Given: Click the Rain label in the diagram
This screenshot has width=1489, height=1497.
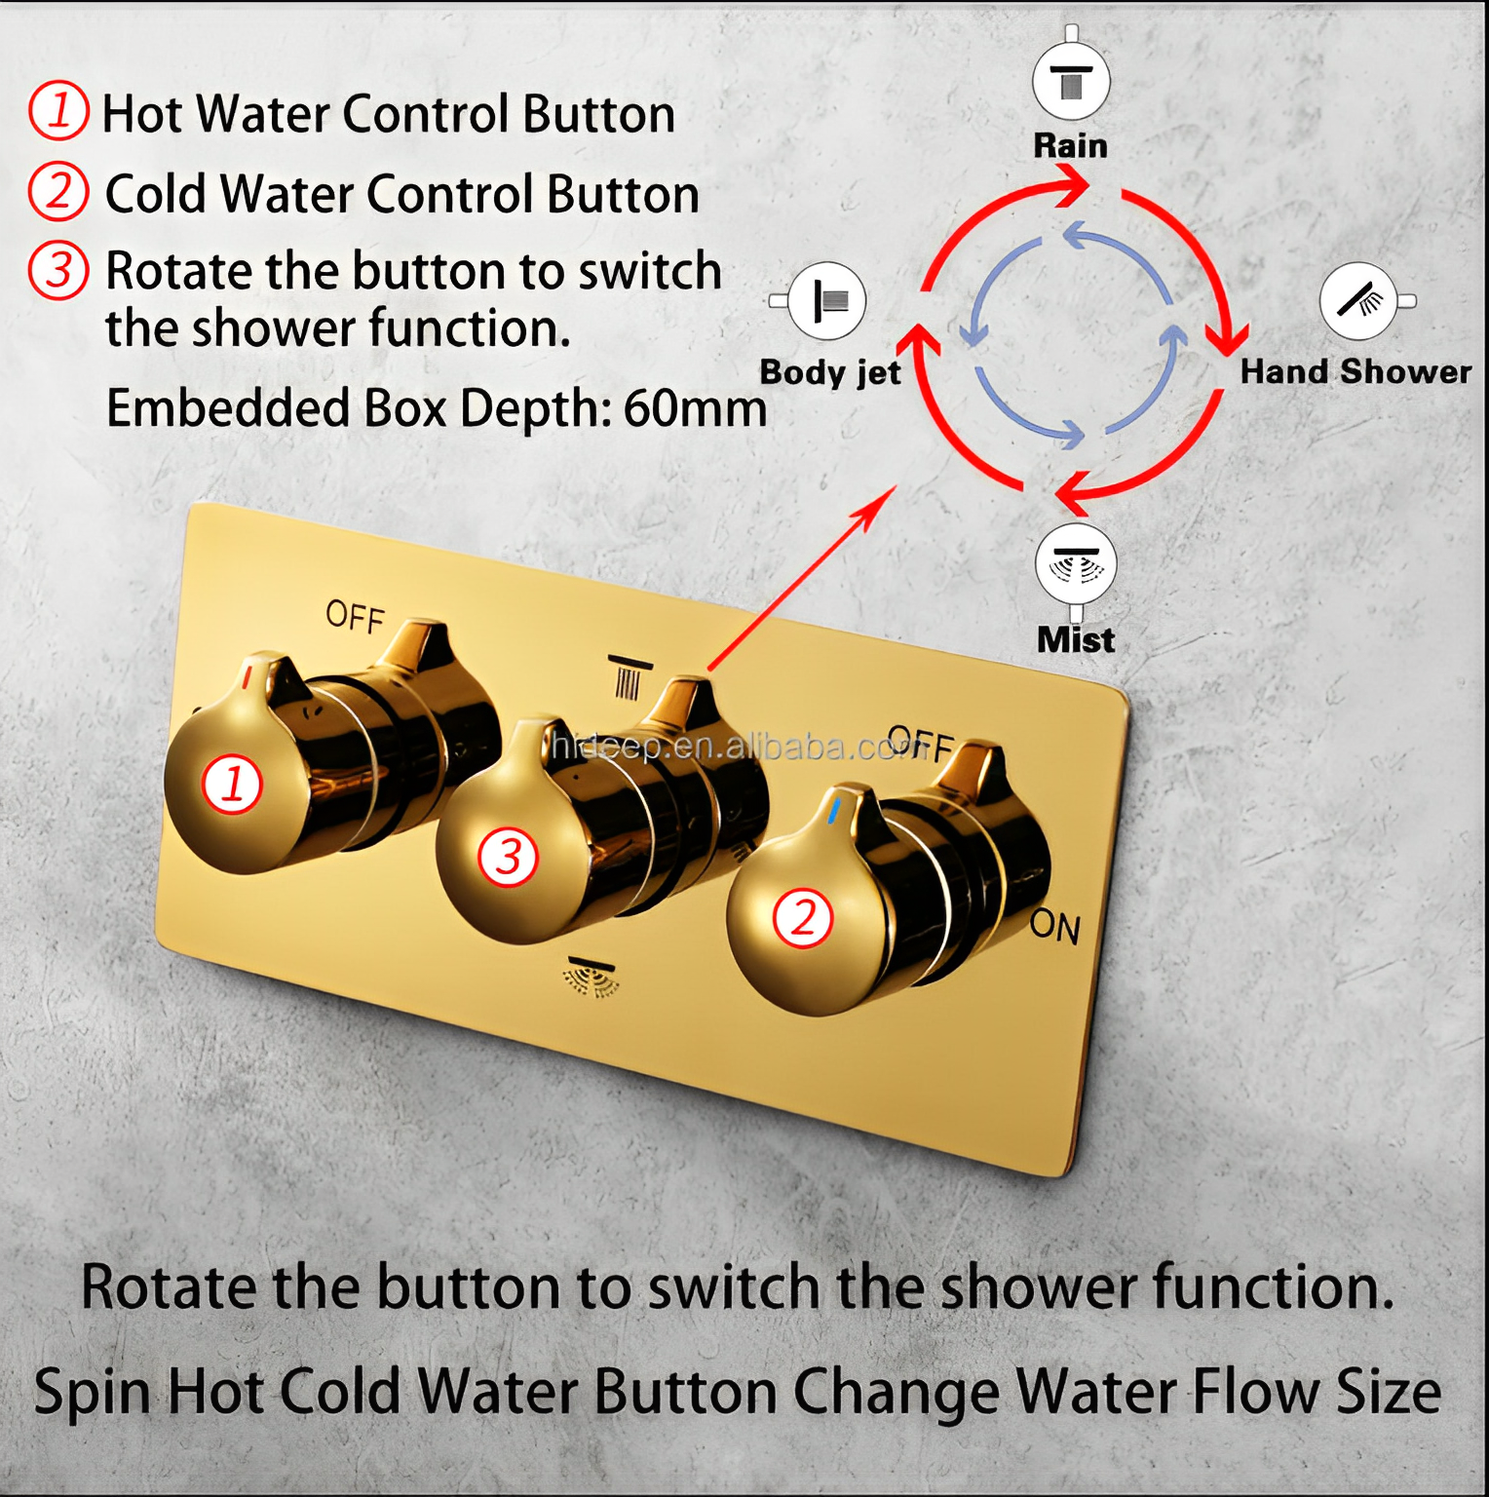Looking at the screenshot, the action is [1070, 146].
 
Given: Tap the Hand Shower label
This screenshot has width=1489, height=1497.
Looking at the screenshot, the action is [1355, 371].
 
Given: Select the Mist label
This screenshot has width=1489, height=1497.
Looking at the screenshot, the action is [1076, 640].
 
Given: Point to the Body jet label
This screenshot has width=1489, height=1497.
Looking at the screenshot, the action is [830, 372].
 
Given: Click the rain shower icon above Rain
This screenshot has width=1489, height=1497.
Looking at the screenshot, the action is [1071, 80].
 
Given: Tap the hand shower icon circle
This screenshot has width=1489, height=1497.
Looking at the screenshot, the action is [1358, 301].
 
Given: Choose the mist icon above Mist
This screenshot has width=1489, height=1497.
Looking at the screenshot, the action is [1076, 564].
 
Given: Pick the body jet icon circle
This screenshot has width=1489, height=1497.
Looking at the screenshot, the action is [827, 301].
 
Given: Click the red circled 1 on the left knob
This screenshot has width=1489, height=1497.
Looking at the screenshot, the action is [232, 784].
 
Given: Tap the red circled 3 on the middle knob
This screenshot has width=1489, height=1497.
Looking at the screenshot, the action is [508, 857].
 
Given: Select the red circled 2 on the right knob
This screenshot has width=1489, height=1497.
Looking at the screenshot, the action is [802, 917].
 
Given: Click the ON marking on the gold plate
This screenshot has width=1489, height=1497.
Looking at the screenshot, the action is [1055, 926].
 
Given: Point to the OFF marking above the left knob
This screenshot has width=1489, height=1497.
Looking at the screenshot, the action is [355, 617].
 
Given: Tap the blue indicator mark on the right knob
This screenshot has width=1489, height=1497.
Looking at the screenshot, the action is [835, 811].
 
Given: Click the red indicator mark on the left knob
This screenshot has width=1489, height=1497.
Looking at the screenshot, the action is [248, 672].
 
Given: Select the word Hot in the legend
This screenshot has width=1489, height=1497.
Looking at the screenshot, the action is [143, 114].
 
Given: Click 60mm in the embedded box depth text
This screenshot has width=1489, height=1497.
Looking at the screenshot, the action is [695, 407].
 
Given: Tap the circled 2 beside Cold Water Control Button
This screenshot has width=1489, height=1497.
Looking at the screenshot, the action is [58, 191].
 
